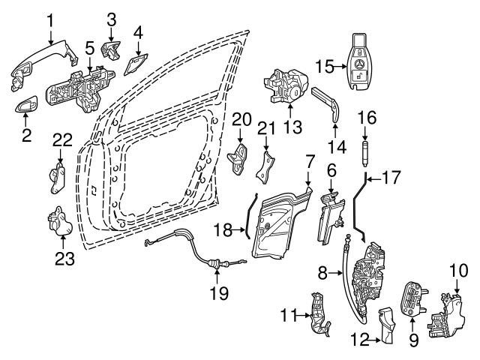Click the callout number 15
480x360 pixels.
pyautogui.click(x=322, y=67)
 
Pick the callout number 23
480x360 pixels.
pyautogui.click(x=62, y=259)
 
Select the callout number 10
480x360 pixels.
pyautogui.click(x=457, y=269)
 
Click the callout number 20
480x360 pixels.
pyautogui.click(x=240, y=118)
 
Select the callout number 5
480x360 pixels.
pyautogui.click(x=89, y=49)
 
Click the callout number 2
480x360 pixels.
pyautogui.click(x=25, y=136)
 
